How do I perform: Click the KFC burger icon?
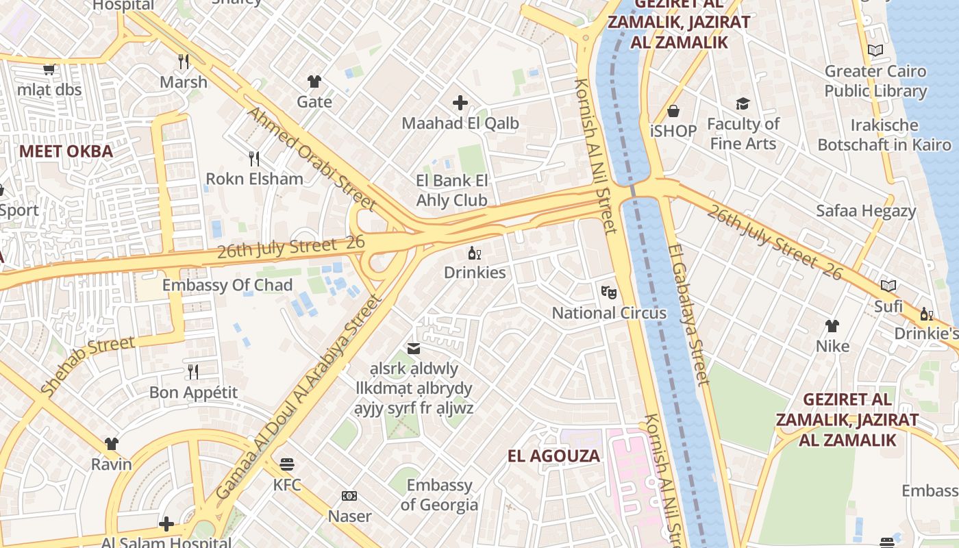pyautogui.click(x=286, y=465)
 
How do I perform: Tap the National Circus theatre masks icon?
pyautogui.click(x=608, y=293)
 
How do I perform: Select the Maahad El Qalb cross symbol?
pyautogui.click(x=460, y=103)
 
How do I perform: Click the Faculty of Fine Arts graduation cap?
pyautogui.click(x=743, y=104)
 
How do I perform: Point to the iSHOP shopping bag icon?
pyautogui.click(x=673, y=111)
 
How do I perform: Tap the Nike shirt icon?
pyautogui.click(x=832, y=326)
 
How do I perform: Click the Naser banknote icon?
pyautogui.click(x=349, y=496)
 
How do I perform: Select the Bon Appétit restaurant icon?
pyautogui.click(x=193, y=372)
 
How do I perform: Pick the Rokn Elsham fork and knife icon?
pyautogui.click(x=254, y=159)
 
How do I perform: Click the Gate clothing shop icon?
pyautogui.click(x=314, y=82)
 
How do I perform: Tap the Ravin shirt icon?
pyautogui.click(x=112, y=444)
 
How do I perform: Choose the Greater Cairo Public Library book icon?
pyautogui.click(x=875, y=50)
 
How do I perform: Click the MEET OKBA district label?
pyautogui.click(x=66, y=151)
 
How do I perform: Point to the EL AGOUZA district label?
pyautogui.click(x=553, y=456)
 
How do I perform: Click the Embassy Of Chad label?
pyautogui.click(x=227, y=285)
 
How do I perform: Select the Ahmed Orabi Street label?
pyautogui.click(x=312, y=159)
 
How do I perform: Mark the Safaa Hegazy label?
pyautogui.click(x=866, y=211)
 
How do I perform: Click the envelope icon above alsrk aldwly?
pyautogui.click(x=414, y=349)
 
